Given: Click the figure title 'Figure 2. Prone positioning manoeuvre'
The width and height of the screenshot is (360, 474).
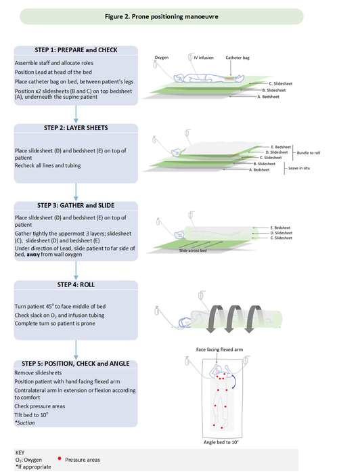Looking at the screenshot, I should click(x=180, y=15).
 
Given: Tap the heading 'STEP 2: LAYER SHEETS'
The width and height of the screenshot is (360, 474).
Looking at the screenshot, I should click(x=75, y=127).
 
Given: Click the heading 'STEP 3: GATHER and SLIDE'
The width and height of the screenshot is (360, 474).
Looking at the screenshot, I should click(x=75, y=204).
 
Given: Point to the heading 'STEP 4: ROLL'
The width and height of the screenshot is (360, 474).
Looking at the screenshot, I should click(x=75, y=284).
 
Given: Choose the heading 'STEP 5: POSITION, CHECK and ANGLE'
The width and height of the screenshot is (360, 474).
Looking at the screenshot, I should click(x=75, y=364).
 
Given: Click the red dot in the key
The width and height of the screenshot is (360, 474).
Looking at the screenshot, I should click(x=60, y=459).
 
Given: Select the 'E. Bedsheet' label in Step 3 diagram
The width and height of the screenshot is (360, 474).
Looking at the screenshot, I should click(x=281, y=227).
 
